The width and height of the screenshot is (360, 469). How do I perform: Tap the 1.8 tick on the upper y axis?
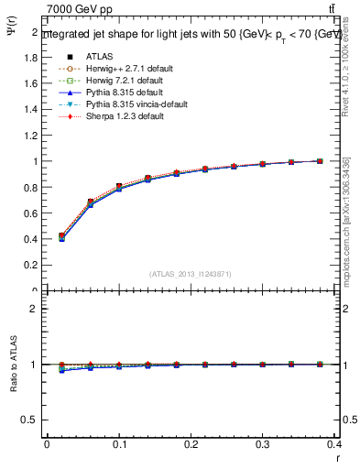(31, 57)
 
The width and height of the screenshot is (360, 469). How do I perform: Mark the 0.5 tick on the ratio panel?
(31, 420)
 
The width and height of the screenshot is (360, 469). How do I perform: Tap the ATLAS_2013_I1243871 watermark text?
(190, 275)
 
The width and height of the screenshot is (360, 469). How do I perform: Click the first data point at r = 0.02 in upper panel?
(61, 236)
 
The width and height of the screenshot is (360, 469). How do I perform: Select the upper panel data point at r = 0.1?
(119, 187)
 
